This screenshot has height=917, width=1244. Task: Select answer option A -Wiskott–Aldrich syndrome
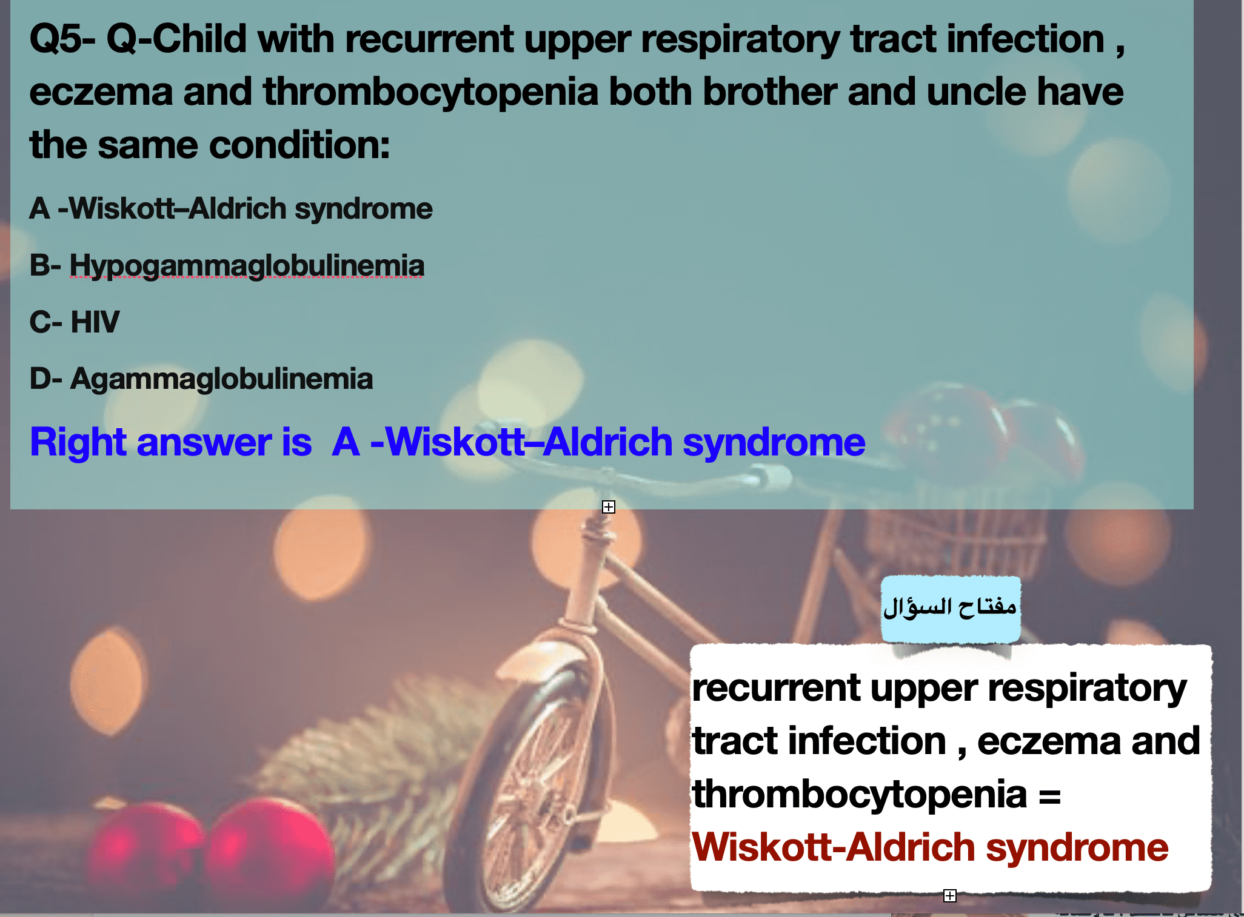coord(231,208)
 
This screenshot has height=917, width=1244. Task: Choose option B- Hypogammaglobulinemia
coord(227,266)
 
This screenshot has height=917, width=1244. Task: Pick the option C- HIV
coord(75,322)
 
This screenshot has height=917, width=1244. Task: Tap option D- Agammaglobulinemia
coord(201,379)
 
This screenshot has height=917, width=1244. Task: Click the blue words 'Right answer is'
coord(171,442)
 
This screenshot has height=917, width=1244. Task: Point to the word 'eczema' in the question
coord(101,92)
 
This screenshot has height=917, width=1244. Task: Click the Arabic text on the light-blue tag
coord(950,606)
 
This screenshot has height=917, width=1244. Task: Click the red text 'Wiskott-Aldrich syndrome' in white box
coord(930,847)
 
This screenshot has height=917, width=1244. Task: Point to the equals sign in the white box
coord(1049,795)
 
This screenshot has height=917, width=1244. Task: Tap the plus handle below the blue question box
coord(609,507)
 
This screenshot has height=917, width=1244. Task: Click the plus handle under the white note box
coord(950,895)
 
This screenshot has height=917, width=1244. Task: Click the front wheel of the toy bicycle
coord(533,787)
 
